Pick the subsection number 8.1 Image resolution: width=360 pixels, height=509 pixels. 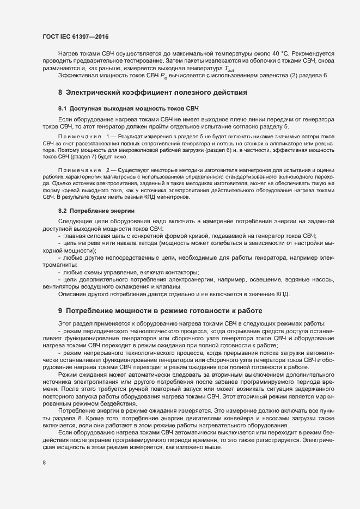coord(62,109)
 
